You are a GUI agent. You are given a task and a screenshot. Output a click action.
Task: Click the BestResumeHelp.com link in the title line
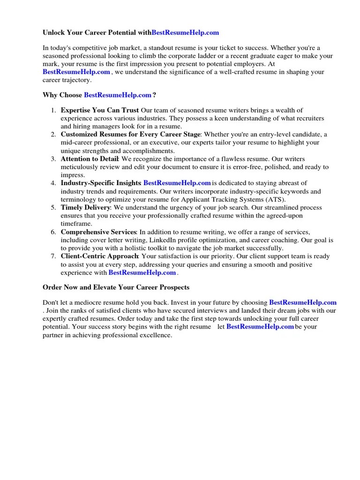point(186,33)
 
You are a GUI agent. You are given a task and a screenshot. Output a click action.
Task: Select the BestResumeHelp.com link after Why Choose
point(118,95)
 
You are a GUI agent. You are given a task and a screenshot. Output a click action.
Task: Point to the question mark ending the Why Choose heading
point(154,95)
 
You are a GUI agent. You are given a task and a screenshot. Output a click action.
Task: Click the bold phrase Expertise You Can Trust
point(99,111)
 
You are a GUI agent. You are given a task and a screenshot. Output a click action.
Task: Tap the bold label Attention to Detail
point(90,159)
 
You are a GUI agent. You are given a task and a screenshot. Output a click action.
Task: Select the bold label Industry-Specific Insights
point(101,183)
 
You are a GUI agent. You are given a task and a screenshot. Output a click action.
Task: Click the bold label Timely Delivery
point(86,208)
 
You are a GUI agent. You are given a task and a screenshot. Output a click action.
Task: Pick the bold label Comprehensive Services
point(98,232)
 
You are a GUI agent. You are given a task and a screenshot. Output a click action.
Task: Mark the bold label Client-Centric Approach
point(99,256)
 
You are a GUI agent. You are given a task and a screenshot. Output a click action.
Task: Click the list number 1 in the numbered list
point(53,111)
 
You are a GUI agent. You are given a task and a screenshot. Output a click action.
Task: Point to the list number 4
point(53,183)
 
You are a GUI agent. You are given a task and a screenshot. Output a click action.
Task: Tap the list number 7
point(53,256)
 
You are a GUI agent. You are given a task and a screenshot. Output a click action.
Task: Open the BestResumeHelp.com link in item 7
point(142,272)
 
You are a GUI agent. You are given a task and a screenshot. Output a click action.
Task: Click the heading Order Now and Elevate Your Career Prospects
point(116,287)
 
